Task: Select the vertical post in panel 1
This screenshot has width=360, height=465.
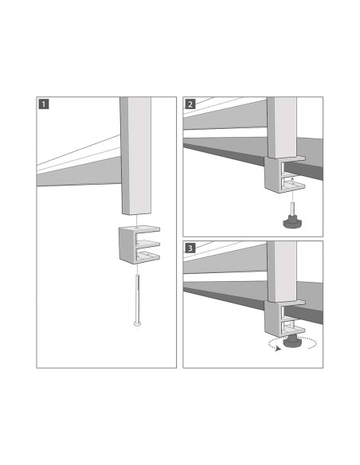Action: pyautogui.click(x=135, y=155)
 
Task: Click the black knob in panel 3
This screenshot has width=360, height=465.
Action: pyautogui.click(x=292, y=342)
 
